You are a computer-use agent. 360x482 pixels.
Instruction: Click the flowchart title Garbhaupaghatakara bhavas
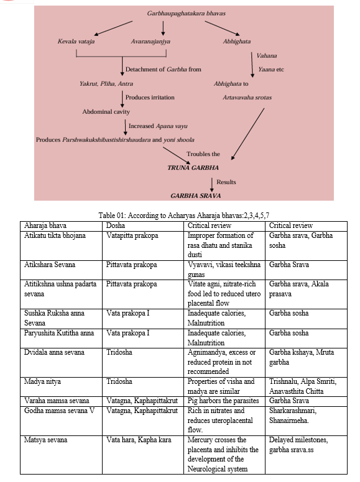(186, 13)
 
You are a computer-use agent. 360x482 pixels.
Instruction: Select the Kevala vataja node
(76, 41)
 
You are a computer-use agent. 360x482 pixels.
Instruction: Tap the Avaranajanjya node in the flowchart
(150, 41)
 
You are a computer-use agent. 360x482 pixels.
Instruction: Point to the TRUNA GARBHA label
(193, 168)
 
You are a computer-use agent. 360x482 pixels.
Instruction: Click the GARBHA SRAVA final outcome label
(196, 196)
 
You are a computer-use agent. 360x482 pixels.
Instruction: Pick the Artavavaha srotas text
(247, 98)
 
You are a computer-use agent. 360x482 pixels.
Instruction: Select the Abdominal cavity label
(106, 112)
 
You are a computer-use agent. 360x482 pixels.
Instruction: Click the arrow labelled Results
(211, 184)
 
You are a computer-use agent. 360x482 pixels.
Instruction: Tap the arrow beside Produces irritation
(122, 99)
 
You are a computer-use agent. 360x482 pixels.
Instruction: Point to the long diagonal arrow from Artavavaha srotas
(247, 134)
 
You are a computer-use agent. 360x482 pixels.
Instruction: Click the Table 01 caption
(183, 215)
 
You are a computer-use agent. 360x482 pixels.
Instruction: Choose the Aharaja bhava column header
(45, 225)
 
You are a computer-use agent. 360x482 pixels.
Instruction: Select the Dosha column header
(116, 225)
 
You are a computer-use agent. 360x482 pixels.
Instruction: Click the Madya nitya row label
(42, 381)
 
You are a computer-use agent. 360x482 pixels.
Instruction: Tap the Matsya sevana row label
(45, 440)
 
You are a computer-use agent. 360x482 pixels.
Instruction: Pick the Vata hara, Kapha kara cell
(139, 440)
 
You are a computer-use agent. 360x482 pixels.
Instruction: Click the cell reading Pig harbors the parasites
(223, 401)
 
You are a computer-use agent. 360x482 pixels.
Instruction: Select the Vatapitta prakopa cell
(132, 235)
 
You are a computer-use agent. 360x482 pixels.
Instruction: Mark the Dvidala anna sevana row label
(54, 352)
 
